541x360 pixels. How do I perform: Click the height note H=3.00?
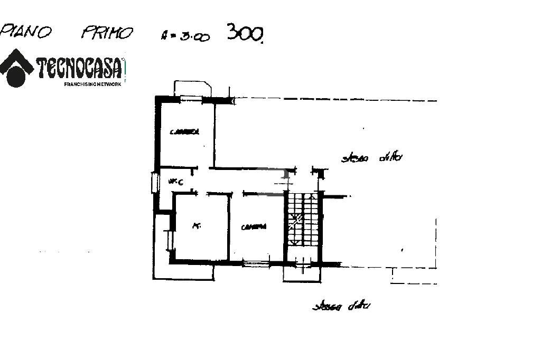pyautogui.click(x=185, y=36)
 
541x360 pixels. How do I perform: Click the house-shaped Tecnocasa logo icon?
pyautogui.click(x=16, y=68)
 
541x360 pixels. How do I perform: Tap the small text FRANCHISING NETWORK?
pyautogui.click(x=92, y=84)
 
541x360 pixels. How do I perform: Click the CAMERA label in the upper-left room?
pyautogui.click(x=184, y=132)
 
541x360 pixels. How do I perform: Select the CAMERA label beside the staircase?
pyautogui.click(x=254, y=227)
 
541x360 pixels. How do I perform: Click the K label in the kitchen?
pyautogui.click(x=196, y=226)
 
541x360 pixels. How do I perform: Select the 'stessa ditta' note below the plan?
pyautogui.click(x=341, y=306)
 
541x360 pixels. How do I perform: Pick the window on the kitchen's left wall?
pyautogui.click(x=170, y=240)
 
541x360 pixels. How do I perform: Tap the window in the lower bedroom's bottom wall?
pyautogui.click(x=255, y=262)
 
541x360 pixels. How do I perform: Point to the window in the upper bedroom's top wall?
pyautogui.click(x=191, y=98)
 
